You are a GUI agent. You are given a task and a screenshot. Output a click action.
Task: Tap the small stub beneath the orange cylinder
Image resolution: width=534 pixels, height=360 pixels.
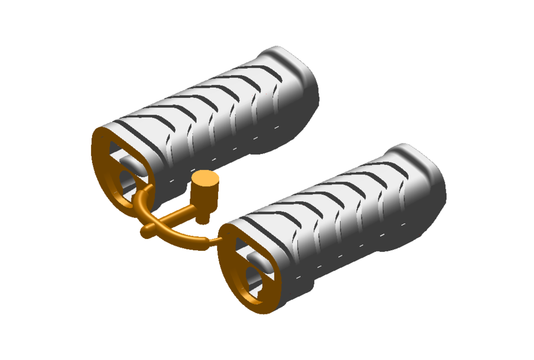[205, 216]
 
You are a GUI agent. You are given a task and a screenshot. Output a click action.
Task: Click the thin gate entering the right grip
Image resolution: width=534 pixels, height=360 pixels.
[214, 240]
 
